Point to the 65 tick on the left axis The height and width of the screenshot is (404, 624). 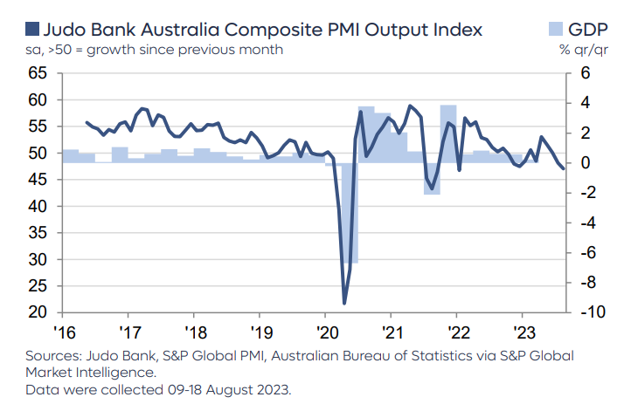coord(38,73)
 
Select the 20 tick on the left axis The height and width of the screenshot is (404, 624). coord(38,312)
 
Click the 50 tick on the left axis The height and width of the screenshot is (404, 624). coord(38,154)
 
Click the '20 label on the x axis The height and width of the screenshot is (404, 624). coord(324,332)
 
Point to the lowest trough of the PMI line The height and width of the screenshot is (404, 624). coord(344,303)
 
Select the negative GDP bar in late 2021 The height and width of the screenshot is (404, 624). coord(432,178)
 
